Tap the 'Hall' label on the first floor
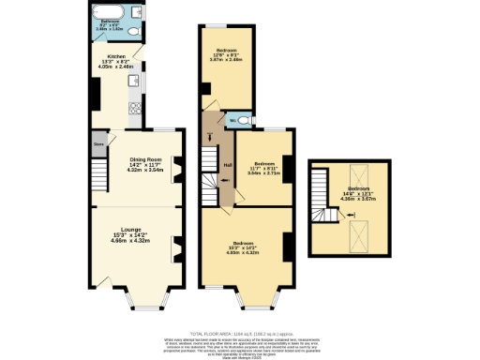227,166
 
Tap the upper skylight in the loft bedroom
356,173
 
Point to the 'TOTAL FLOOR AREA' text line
240,333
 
